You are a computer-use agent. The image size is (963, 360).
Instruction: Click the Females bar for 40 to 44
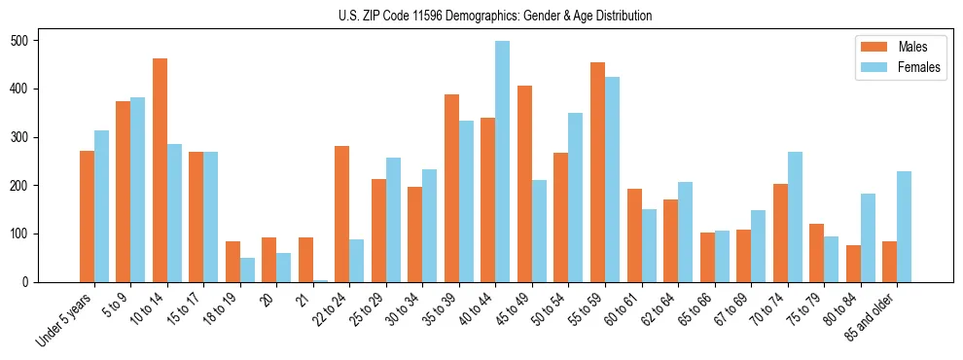(503, 162)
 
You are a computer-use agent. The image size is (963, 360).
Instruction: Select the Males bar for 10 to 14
(160, 170)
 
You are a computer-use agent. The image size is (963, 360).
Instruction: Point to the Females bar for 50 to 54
(576, 198)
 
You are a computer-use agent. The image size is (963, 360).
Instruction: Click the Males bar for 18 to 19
(232, 262)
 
